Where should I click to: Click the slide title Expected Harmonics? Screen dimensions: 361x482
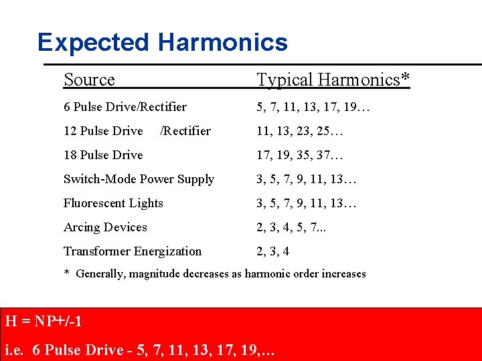163,43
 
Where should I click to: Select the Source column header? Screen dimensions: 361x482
89,80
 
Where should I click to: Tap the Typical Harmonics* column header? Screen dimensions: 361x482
333,80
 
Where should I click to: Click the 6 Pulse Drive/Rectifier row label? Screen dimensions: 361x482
125,107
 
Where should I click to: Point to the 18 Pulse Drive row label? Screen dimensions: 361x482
103,155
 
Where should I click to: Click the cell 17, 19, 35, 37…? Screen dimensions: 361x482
300,155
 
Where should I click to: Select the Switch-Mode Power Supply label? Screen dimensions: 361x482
139,179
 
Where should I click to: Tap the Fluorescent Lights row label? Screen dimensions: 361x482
113,203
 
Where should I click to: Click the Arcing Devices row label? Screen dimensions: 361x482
105,227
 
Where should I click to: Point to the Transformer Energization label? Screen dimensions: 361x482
133,251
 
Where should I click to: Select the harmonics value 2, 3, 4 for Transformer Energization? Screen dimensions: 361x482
272,251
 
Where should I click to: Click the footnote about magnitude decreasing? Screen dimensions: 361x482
215,273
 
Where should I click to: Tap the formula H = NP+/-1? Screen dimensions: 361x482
44,321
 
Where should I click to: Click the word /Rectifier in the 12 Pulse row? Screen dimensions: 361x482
185,131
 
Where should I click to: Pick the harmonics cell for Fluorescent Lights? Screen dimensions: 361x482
307,203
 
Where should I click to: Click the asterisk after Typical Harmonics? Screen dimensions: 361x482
405,78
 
